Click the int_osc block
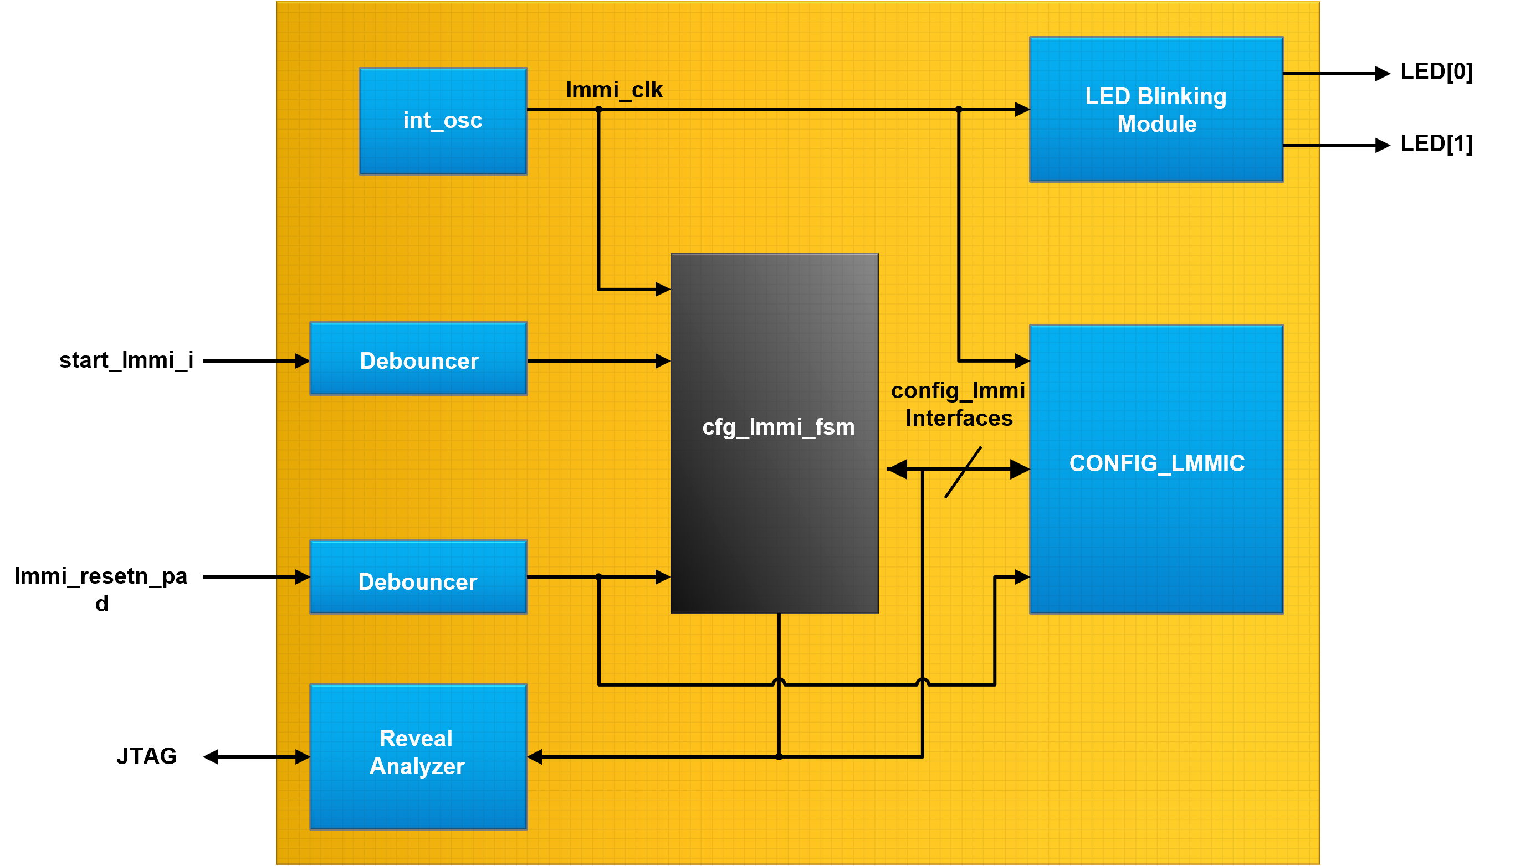point(443,121)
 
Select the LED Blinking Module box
point(1155,110)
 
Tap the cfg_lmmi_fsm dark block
point(774,433)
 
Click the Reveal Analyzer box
point(418,756)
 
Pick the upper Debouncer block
point(418,359)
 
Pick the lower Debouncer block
point(418,576)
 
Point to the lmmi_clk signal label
point(613,90)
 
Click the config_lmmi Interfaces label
point(958,404)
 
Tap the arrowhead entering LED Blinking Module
point(1022,110)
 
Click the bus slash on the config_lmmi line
point(963,472)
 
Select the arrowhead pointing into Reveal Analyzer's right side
point(535,756)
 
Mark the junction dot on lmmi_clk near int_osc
point(598,110)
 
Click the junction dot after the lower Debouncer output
point(598,577)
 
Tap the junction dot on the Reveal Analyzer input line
point(779,756)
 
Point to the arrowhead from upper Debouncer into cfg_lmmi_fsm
point(662,361)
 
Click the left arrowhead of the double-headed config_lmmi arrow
point(897,470)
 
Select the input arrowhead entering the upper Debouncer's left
point(301,361)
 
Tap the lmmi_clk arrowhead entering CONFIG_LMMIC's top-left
point(1022,361)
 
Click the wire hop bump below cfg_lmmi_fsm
point(779,682)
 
